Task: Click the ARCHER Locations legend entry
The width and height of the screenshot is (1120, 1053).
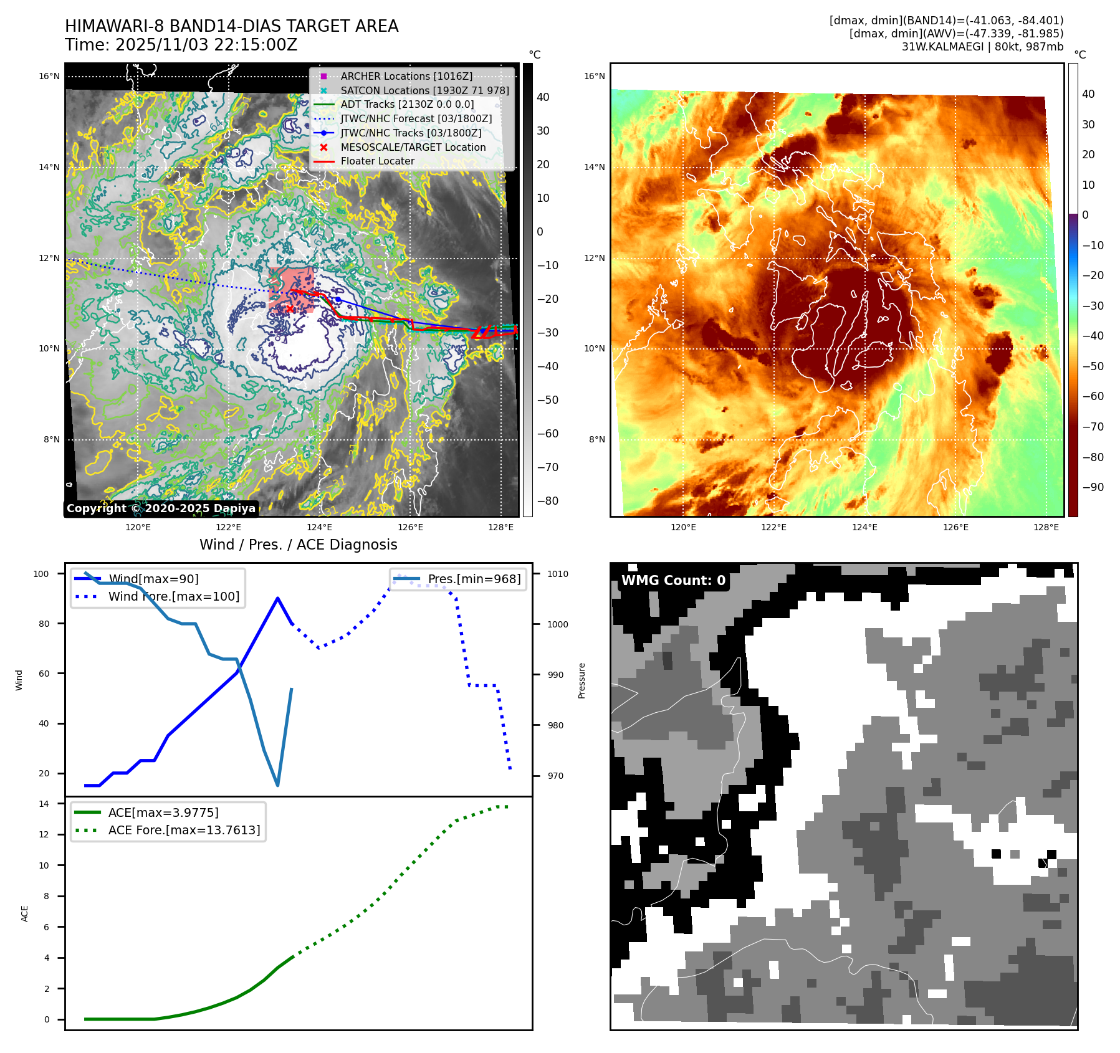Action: [406, 76]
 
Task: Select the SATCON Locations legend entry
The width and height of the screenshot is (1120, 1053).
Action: [424, 90]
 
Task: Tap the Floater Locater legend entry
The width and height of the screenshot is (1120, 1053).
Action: [377, 161]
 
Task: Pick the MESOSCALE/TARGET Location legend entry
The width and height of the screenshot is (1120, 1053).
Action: [413, 147]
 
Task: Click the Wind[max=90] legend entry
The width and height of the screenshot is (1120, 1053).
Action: [153, 579]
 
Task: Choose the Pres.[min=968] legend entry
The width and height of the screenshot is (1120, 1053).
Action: [474, 579]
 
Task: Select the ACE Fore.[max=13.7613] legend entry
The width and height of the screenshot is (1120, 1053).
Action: [184, 830]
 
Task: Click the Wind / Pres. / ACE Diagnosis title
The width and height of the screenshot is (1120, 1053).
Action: [298, 545]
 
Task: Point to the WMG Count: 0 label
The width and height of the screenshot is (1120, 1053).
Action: [673, 581]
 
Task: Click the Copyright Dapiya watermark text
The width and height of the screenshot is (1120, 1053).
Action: [161, 508]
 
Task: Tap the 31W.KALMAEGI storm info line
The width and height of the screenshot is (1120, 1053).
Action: [982, 47]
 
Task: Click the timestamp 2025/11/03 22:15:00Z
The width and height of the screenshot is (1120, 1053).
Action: [206, 45]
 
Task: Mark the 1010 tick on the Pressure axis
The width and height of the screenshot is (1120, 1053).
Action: [558, 574]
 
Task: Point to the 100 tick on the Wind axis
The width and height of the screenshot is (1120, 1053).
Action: [41, 574]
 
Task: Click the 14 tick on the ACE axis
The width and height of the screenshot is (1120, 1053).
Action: [44, 804]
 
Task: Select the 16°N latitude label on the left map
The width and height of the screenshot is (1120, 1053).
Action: [49, 77]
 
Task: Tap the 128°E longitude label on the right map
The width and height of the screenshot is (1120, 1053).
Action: [1046, 527]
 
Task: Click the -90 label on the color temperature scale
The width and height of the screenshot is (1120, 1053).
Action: [1093, 487]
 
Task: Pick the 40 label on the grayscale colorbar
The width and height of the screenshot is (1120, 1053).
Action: [543, 97]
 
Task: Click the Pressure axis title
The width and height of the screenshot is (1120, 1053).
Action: [582, 680]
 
